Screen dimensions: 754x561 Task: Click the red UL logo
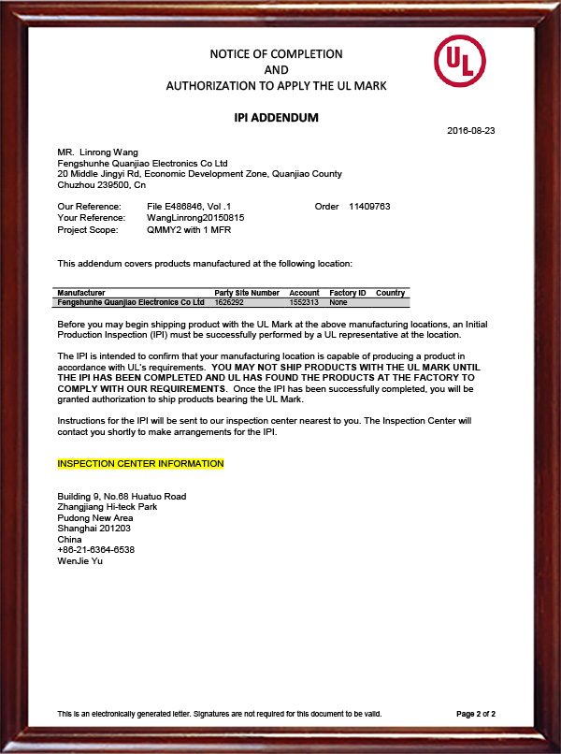click(459, 62)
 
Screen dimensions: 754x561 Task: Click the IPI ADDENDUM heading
click(276, 118)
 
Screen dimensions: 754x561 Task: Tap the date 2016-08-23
click(471, 130)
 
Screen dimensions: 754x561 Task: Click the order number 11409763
click(369, 206)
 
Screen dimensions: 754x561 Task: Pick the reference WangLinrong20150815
click(195, 217)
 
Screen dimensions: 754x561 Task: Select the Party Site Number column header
click(247, 293)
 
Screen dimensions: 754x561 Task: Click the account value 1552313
click(304, 302)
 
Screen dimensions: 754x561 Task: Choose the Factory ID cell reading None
click(338, 302)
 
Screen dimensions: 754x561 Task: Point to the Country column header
click(390, 293)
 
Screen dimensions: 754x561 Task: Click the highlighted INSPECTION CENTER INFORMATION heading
click(140, 464)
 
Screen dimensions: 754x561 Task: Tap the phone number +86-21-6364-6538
click(95, 550)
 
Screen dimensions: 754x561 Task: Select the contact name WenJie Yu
click(79, 560)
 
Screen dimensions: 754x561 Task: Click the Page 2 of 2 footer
click(476, 714)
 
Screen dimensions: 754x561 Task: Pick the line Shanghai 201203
click(94, 529)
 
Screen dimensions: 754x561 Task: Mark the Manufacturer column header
click(81, 293)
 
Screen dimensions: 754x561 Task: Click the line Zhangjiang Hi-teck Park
click(107, 506)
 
